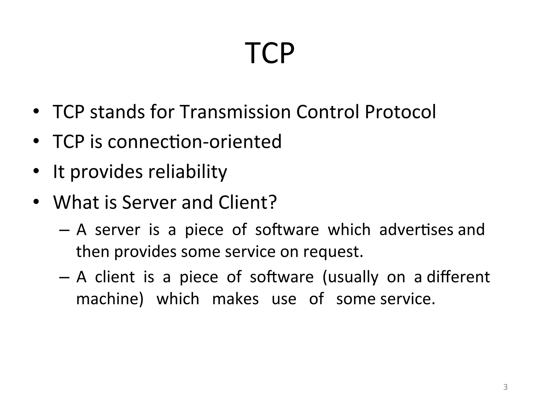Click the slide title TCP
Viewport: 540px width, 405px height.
pyautogui.click(x=269, y=53)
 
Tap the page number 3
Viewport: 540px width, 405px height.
pyautogui.click(x=505, y=387)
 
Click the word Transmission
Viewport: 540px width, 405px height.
pyautogui.click(x=235, y=112)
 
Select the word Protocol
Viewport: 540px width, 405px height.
pyautogui.click(x=400, y=112)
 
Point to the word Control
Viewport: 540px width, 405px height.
pyautogui.click(x=327, y=112)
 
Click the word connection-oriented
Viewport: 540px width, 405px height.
pyautogui.click(x=195, y=142)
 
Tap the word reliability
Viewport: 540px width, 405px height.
pyautogui.click(x=187, y=172)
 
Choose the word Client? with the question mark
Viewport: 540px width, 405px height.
pyautogui.click(x=248, y=202)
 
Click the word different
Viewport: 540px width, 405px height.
pyautogui.click(x=458, y=277)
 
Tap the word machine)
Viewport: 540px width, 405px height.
pyautogui.click(x=110, y=299)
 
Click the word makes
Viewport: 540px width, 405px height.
pyautogui.click(x=235, y=299)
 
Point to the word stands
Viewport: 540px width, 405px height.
pyautogui.click(x=117, y=112)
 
